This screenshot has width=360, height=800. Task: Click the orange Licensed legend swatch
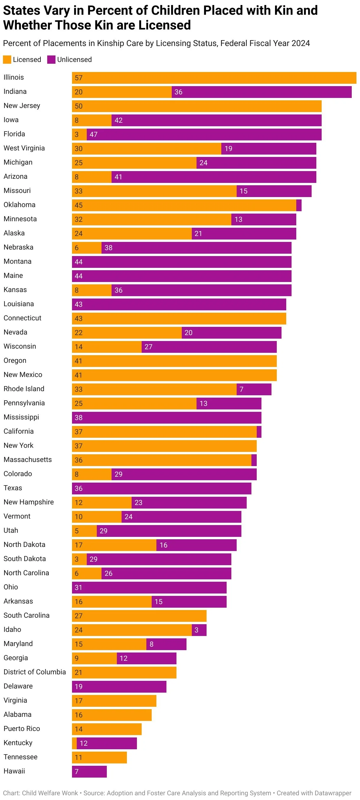7,60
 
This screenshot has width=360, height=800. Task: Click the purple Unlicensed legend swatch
51,60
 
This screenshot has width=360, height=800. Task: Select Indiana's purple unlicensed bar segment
261,92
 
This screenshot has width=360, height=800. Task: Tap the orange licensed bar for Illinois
214,78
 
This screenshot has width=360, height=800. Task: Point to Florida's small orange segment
79,135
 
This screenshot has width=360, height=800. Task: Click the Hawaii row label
14,771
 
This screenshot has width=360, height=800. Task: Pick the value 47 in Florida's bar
94,135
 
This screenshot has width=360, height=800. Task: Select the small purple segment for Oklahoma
299,205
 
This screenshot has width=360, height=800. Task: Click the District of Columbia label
35,672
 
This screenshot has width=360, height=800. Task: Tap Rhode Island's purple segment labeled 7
254,389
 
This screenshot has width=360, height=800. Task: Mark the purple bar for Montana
182,262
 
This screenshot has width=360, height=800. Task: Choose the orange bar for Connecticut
179,319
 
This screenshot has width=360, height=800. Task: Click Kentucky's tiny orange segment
74,743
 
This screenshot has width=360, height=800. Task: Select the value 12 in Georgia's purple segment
124,658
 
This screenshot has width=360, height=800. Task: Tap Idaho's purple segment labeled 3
199,630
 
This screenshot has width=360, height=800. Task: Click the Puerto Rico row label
22,729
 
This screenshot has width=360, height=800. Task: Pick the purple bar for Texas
161,488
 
